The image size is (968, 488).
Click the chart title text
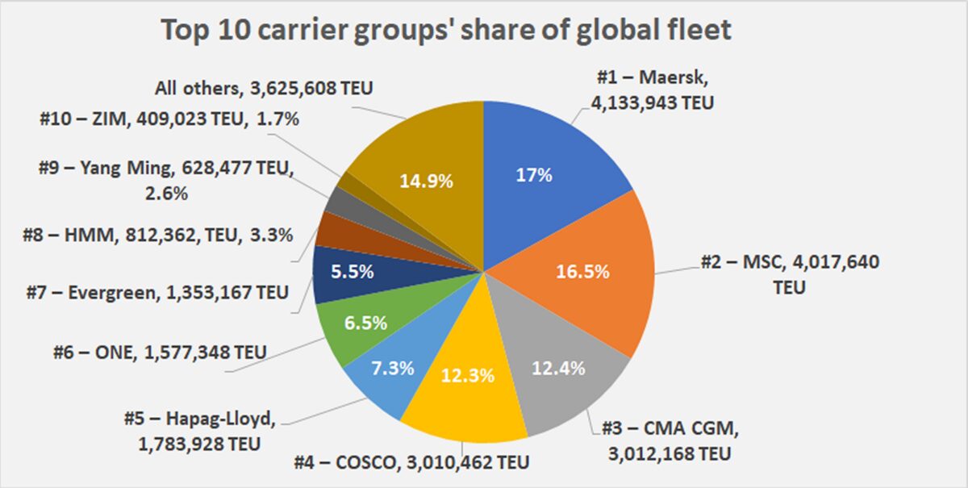(x=446, y=31)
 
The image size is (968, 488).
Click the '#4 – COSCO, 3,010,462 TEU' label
(x=414, y=464)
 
